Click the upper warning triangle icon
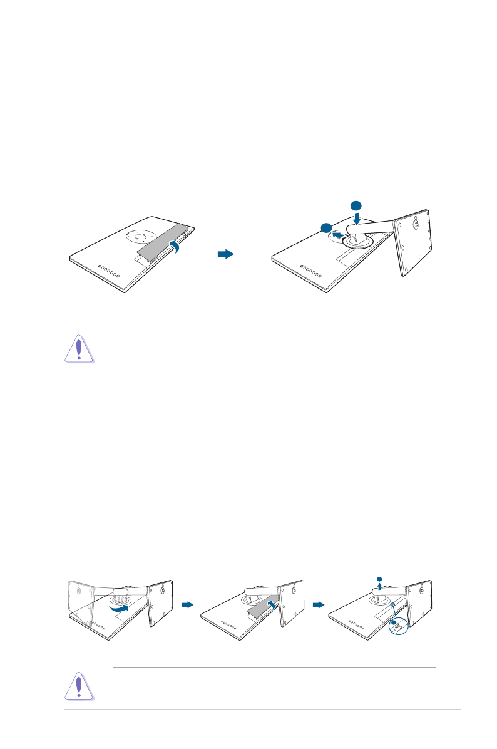(x=79, y=348)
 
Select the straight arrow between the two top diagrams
(x=225, y=254)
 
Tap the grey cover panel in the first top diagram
(x=162, y=242)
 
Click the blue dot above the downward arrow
(x=356, y=205)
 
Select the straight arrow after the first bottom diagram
(x=187, y=605)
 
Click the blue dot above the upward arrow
(x=379, y=578)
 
